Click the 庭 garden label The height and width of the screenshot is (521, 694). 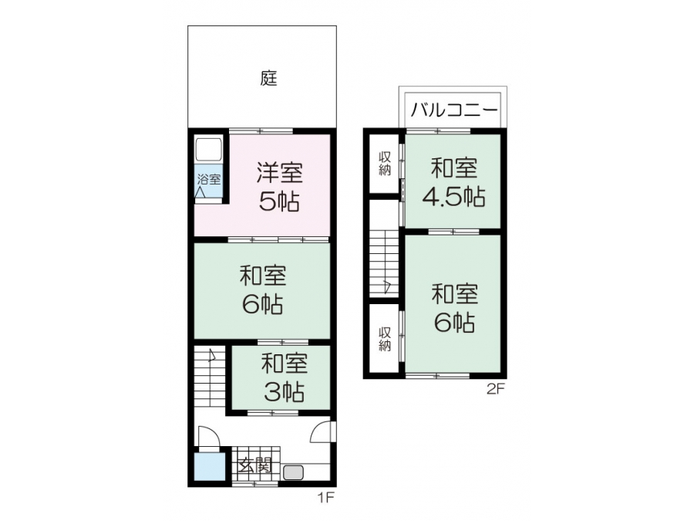point(268,79)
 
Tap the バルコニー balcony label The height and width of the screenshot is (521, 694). point(454,109)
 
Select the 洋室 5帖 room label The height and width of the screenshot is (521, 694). point(280,187)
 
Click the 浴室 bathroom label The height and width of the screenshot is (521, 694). point(209,179)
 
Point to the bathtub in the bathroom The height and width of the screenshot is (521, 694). point(208,150)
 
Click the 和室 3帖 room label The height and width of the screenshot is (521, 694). point(284,377)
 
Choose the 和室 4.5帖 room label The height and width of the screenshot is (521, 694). point(454,182)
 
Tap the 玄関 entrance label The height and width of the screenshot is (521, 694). point(255,465)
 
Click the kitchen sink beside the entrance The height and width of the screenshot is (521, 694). point(293,472)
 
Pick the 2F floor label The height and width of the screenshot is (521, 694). point(496,390)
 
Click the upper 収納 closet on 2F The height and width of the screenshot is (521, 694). point(385,164)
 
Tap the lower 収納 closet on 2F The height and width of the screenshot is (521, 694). point(385,339)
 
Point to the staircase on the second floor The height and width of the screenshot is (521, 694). point(384,264)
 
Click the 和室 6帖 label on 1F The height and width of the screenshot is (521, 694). point(263,289)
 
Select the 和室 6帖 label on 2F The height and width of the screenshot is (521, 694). point(454,309)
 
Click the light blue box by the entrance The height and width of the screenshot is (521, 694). point(210,467)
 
